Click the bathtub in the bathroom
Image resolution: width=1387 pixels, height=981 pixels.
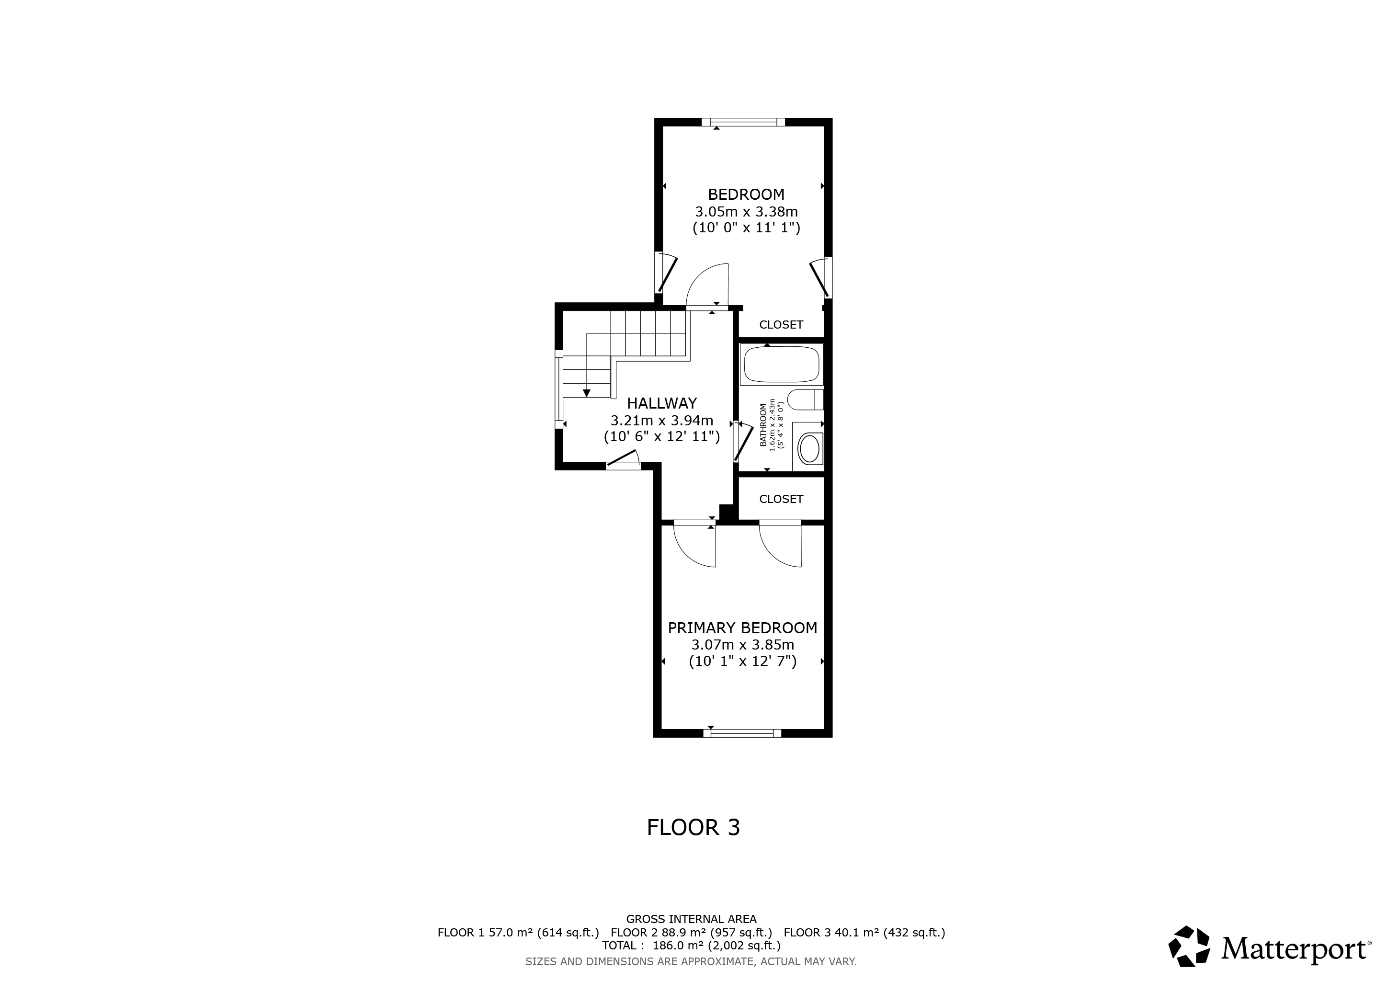point(781,364)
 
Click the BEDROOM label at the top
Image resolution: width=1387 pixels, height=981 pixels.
point(746,194)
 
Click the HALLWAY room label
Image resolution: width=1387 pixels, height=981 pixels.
point(661,403)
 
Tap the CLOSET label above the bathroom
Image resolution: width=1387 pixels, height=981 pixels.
point(781,324)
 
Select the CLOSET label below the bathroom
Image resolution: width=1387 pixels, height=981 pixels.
point(781,499)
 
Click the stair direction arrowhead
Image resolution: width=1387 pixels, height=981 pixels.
point(586,393)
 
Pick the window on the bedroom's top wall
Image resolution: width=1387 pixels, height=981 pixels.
point(743,122)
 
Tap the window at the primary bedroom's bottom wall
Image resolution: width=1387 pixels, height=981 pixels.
point(742,733)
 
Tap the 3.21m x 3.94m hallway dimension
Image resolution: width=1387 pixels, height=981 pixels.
point(661,421)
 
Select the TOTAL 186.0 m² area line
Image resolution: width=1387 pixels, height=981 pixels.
point(691,946)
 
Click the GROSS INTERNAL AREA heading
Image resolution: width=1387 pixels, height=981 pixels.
point(691,919)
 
